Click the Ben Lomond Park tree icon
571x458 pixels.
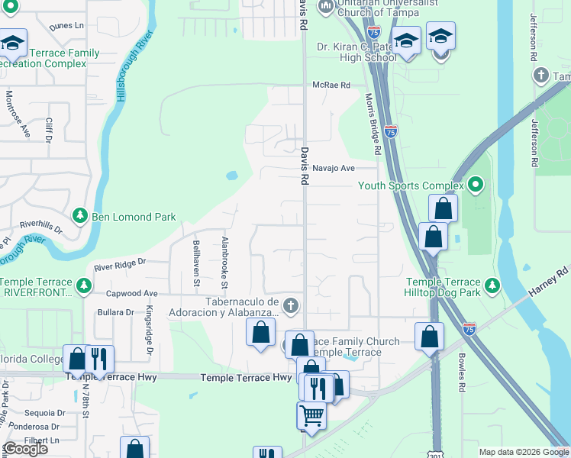pyautogui.click(x=79, y=217)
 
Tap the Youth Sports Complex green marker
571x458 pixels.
pyautogui.click(x=476, y=185)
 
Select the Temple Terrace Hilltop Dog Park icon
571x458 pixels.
pyautogui.click(x=493, y=285)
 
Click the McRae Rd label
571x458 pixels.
pyautogui.click(x=331, y=85)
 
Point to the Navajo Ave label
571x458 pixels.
pyautogui.click(x=337, y=168)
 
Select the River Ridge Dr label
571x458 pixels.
pyautogui.click(x=119, y=266)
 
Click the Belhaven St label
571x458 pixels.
pyautogui.click(x=197, y=262)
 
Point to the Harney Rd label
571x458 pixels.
pyautogui.click(x=552, y=281)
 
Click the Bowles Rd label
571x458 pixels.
pyautogui.click(x=462, y=373)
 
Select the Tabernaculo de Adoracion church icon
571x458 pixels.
pyautogui.click(x=289, y=306)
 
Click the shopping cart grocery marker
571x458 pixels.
pyautogui.click(x=311, y=416)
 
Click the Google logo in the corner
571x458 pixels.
pyautogui.click(x=25, y=449)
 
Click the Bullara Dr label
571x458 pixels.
pyautogui.click(x=116, y=312)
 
